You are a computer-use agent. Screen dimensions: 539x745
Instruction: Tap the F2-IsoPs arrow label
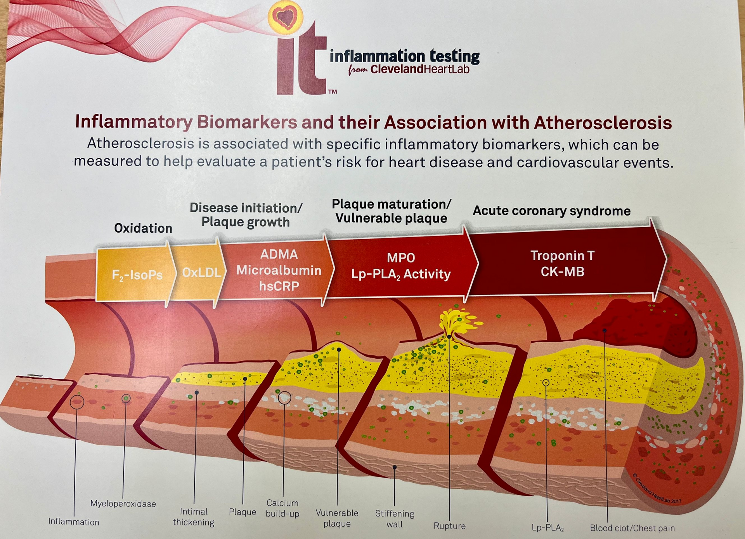(x=137, y=275)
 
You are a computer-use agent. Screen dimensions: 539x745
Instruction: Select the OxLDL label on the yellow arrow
(x=202, y=273)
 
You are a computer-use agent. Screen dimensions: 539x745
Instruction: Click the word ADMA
(x=279, y=254)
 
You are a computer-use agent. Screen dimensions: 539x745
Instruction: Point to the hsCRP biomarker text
(x=279, y=286)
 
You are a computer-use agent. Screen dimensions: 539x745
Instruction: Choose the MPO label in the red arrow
(x=401, y=258)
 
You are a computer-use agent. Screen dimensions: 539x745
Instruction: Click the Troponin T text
(x=562, y=256)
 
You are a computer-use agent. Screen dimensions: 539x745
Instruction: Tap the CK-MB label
(x=562, y=271)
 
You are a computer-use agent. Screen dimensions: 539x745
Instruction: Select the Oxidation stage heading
(x=143, y=228)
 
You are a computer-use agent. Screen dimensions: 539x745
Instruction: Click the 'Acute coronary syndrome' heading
(x=551, y=211)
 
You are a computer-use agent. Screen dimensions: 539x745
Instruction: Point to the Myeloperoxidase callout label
(x=123, y=504)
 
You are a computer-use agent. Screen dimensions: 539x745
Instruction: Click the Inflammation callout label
(x=74, y=522)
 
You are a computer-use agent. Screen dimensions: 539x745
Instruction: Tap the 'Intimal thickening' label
(x=194, y=517)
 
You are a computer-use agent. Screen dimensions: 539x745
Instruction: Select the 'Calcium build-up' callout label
(x=282, y=508)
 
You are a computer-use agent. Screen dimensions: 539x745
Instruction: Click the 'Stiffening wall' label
(x=395, y=519)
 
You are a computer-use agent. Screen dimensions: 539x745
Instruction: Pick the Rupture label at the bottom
(x=449, y=526)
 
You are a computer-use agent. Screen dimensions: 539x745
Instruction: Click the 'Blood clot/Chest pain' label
(x=632, y=528)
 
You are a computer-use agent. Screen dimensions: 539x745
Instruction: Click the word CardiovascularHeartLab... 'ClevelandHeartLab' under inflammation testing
(x=419, y=70)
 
